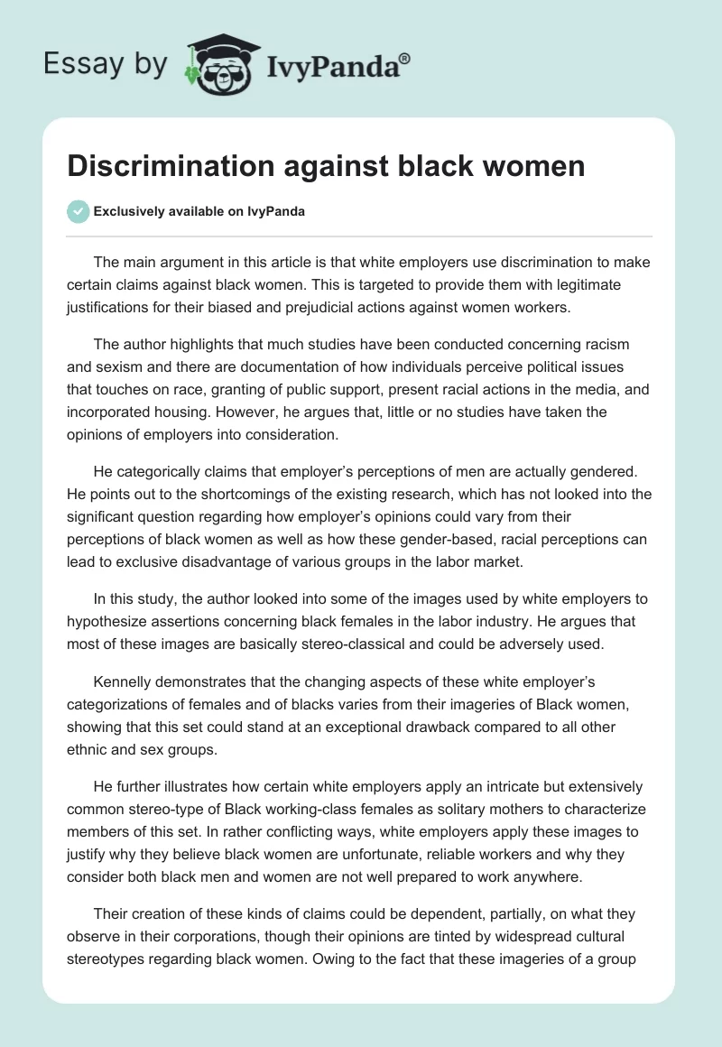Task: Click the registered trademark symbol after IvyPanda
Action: [404, 59]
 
